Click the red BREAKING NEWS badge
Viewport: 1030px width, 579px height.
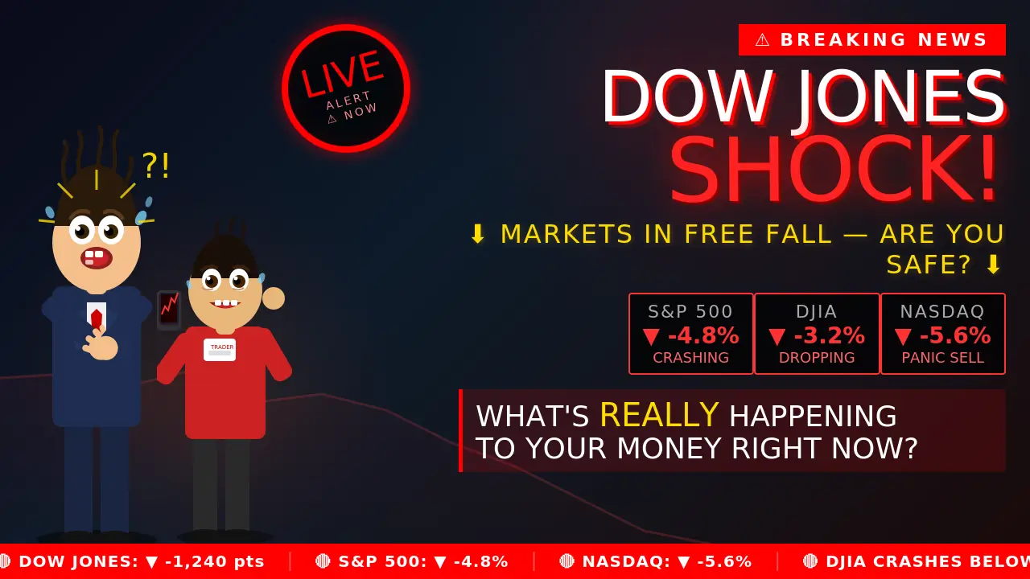coord(871,40)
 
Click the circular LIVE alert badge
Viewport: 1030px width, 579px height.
coord(346,88)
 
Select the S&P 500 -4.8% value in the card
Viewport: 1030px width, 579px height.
coord(690,335)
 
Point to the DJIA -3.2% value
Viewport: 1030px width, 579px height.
coord(817,335)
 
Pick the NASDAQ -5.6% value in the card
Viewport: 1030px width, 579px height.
coord(942,335)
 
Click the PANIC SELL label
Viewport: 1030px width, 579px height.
coord(942,358)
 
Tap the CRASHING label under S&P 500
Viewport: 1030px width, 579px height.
coord(690,358)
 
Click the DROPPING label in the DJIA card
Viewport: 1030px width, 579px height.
coord(817,358)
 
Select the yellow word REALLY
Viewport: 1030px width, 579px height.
coord(658,416)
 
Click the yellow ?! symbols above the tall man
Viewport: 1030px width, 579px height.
coord(156,166)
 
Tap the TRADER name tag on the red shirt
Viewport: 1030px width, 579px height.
coord(220,349)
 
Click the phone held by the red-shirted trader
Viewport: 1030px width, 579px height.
coord(169,310)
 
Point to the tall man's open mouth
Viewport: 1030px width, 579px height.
coord(96,258)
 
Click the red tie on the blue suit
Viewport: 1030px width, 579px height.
coord(97,318)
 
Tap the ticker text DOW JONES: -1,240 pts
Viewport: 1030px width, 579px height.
coord(141,561)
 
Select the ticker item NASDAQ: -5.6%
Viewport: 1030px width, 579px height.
coord(665,561)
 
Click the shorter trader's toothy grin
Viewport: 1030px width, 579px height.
coord(225,304)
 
